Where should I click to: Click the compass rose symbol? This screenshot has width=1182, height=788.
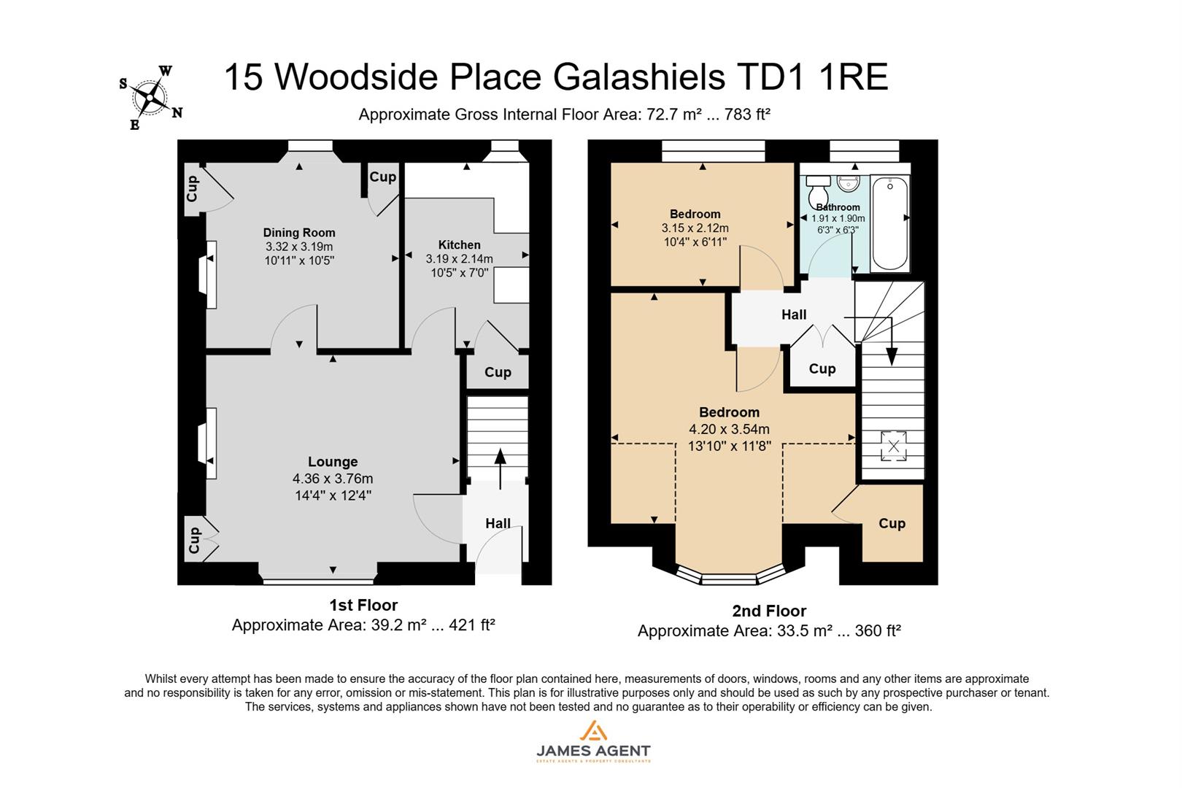click(x=151, y=97)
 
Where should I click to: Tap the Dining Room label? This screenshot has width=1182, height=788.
click(x=299, y=233)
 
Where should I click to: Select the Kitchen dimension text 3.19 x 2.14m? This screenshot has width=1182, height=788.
click(x=459, y=258)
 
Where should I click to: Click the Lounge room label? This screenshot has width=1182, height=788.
click(x=333, y=462)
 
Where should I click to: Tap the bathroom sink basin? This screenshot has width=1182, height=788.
click(x=849, y=182)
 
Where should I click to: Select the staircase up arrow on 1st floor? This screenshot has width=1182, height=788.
click(x=500, y=468)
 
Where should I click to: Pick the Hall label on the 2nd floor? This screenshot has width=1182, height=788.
click(x=794, y=314)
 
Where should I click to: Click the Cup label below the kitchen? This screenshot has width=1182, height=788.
click(x=498, y=372)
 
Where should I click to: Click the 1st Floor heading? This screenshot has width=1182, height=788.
click(x=363, y=605)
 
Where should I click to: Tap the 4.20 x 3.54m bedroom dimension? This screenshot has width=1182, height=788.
click(x=729, y=429)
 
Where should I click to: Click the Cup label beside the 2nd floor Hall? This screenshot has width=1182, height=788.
click(x=822, y=368)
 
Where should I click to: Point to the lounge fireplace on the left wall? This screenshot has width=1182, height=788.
click(x=210, y=443)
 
